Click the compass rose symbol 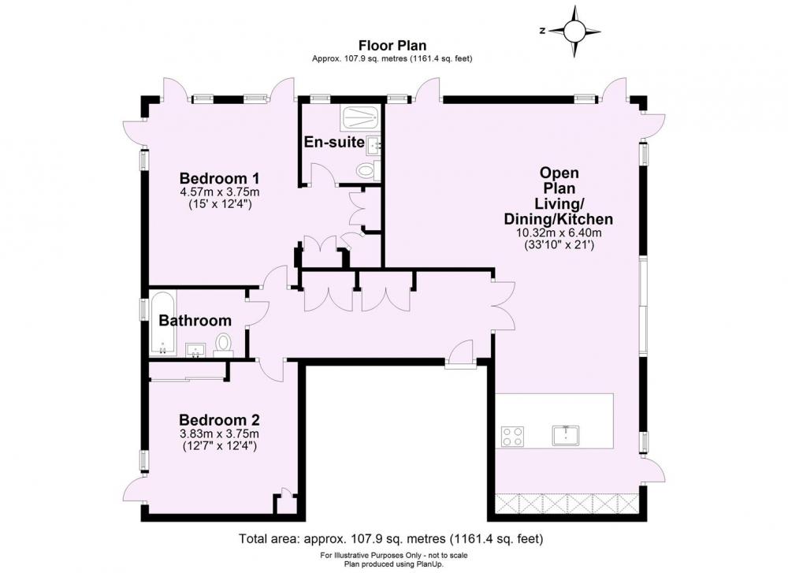click(575, 32)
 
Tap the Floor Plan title click(392, 46)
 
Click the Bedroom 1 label click(220, 178)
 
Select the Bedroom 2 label click(220, 419)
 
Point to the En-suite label click(334, 142)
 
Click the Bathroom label click(195, 320)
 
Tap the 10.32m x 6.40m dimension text click(559, 233)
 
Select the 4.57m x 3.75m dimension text click(220, 192)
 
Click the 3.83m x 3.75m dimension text click(220, 433)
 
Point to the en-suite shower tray click(360, 119)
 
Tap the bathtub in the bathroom click(162, 323)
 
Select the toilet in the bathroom click(223, 346)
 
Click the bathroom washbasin click(195, 350)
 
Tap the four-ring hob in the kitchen click(513, 437)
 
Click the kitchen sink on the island click(566, 435)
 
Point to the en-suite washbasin click(374, 145)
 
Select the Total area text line click(391, 539)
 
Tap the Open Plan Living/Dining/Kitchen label click(559, 195)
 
